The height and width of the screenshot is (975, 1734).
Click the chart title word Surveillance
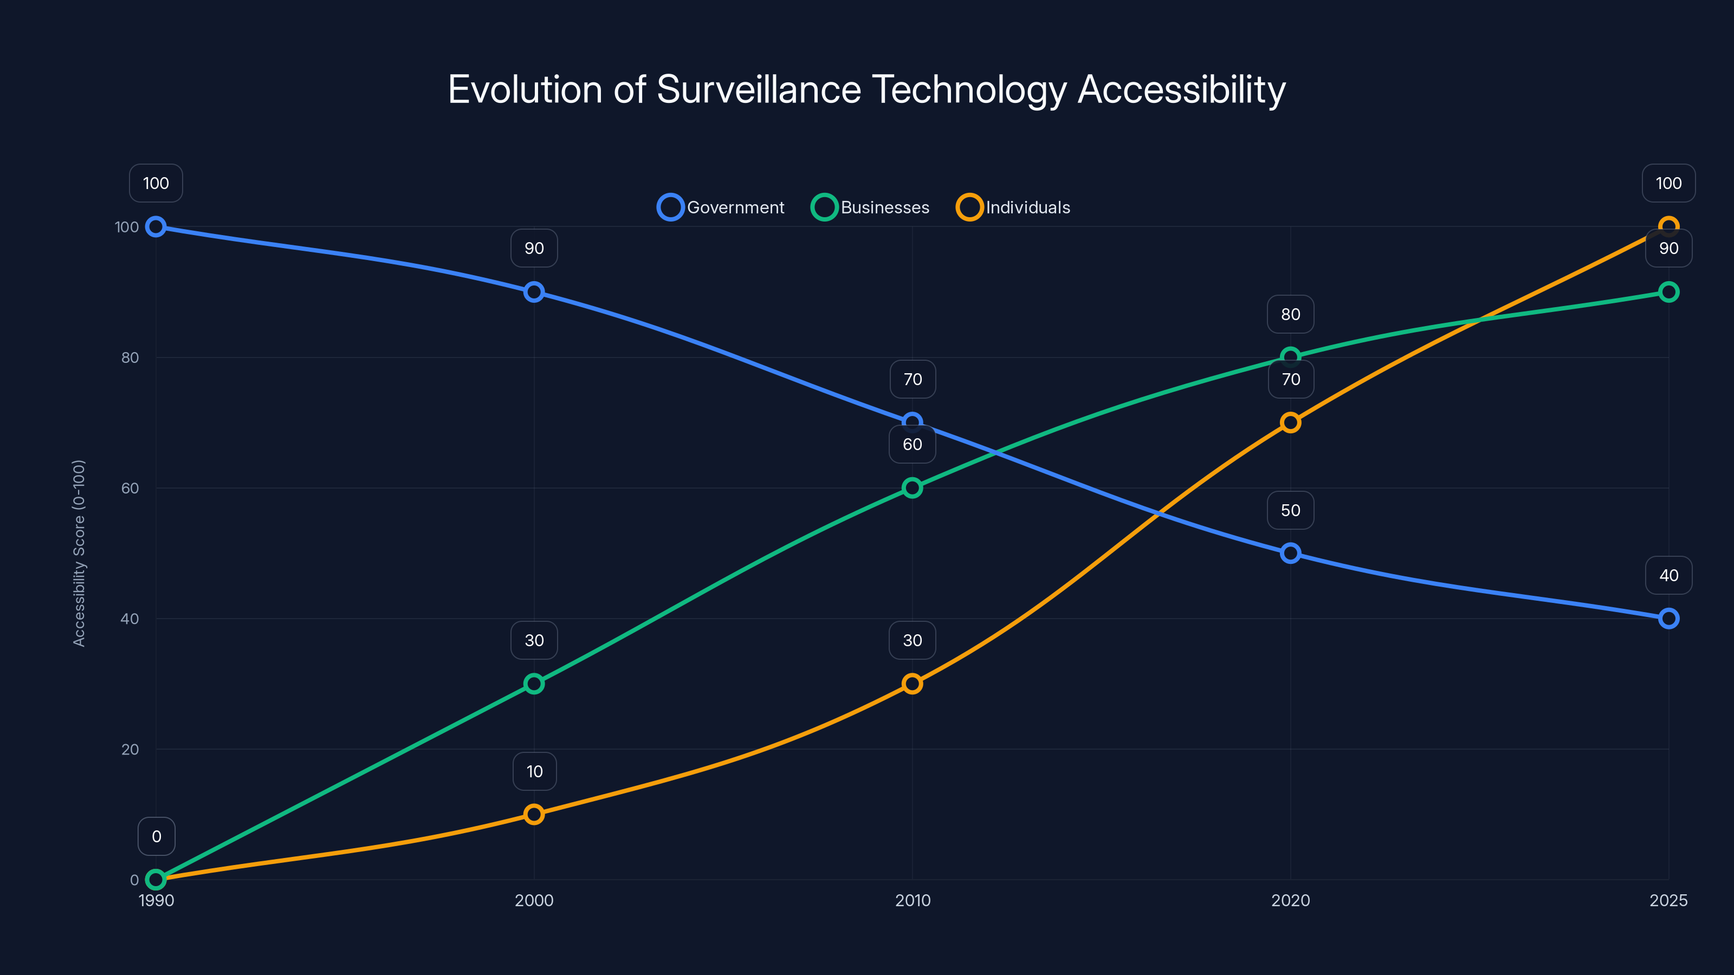(759, 89)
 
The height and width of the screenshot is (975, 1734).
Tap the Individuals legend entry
(1014, 207)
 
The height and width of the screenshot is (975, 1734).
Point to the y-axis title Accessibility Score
(80, 553)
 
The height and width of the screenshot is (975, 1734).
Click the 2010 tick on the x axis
(912, 900)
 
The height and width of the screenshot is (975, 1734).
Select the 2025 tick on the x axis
(1668, 900)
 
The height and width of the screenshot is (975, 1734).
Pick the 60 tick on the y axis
(130, 488)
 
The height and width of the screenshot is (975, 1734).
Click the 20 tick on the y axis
(130, 749)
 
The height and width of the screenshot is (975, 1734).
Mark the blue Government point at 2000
(534, 292)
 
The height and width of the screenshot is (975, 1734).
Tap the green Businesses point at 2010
(912, 488)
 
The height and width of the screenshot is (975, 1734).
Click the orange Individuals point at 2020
(1290, 422)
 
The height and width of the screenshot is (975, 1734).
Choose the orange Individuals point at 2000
(534, 814)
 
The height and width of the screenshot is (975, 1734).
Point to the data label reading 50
(1290, 510)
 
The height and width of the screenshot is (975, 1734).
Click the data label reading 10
(534, 771)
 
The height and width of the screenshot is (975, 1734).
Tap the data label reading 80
(1290, 314)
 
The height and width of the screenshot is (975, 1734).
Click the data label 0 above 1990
(156, 836)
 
